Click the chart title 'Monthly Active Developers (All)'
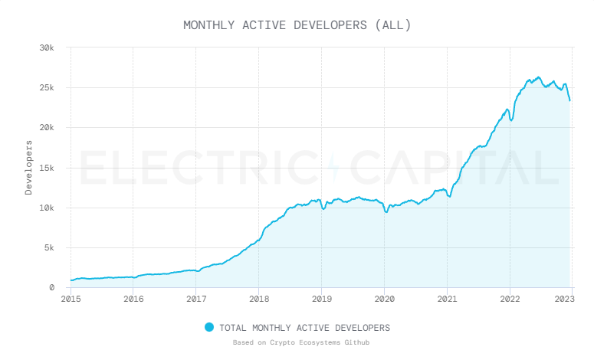(297, 25)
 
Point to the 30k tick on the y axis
(48, 47)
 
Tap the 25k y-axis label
(48, 87)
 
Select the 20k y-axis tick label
(48, 127)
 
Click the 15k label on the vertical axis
(48, 168)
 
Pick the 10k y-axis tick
(48, 208)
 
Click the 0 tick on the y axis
(52, 287)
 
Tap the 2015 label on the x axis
(71, 299)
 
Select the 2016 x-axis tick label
(133, 299)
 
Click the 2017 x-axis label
(196, 299)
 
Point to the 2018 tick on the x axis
(259, 299)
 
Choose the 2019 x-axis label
(322, 299)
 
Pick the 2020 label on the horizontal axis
(384, 299)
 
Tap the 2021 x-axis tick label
(447, 299)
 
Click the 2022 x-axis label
(510, 299)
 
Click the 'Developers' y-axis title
(29, 167)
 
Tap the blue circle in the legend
(209, 327)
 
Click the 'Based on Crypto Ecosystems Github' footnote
(301, 342)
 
